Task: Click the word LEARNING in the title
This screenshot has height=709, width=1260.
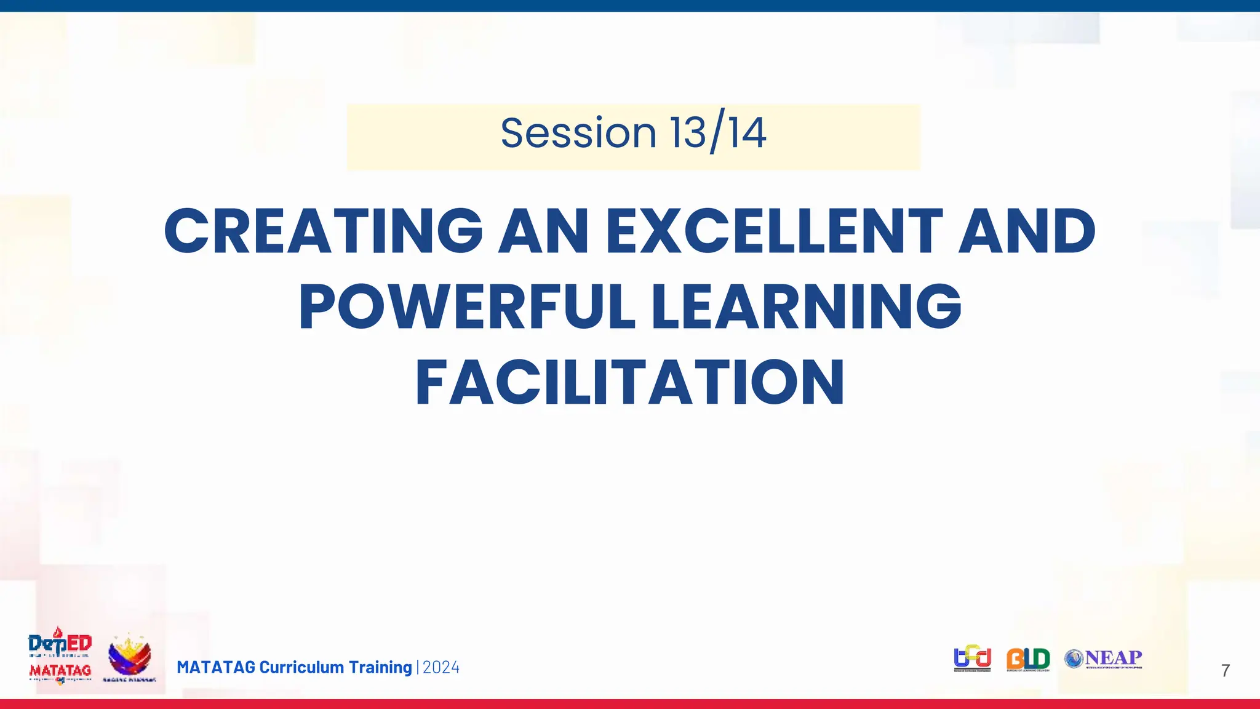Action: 807,307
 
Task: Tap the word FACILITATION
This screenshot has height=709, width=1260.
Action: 630,383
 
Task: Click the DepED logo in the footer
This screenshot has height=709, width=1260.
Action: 60,643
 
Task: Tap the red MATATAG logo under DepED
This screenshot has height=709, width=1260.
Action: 60,671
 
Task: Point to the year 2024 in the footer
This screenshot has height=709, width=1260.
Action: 441,668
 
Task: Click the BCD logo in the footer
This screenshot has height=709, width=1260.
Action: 972,659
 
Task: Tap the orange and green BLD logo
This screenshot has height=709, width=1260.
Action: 1027,659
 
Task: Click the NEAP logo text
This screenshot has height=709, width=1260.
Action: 1113,658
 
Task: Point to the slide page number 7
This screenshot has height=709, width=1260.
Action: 1225,671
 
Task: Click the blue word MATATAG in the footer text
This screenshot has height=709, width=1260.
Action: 216,668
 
